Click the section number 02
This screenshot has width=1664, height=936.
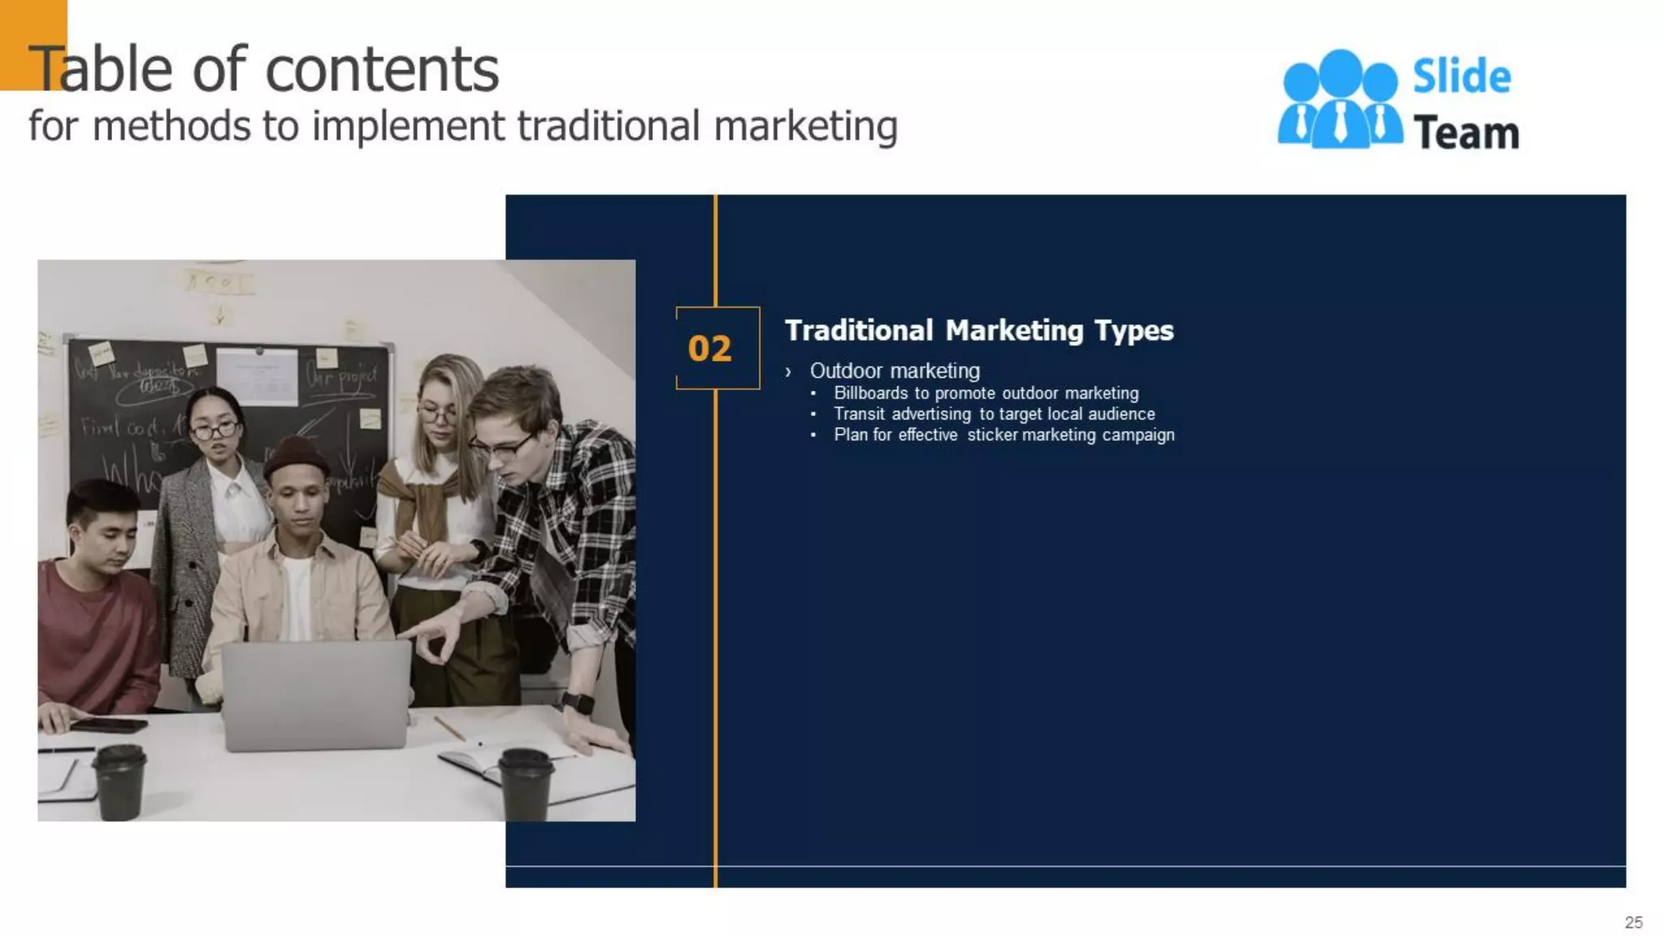point(709,349)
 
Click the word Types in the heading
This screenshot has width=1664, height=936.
point(1133,331)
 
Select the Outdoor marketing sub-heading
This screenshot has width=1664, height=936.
point(895,371)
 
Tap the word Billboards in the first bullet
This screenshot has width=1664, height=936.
point(870,393)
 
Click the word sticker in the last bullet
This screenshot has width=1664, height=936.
point(992,435)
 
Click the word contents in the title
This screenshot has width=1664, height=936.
point(382,70)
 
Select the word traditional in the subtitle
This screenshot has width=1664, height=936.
point(608,127)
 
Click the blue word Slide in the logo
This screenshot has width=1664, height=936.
point(1462,77)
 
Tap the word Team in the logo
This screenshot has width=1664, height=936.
point(1466,133)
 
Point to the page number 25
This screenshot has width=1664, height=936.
point(1633,922)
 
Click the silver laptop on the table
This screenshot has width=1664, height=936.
point(315,695)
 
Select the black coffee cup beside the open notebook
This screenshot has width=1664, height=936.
point(526,783)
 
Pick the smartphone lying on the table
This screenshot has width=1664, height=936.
point(107,725)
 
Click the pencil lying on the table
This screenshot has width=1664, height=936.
point(448,728)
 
